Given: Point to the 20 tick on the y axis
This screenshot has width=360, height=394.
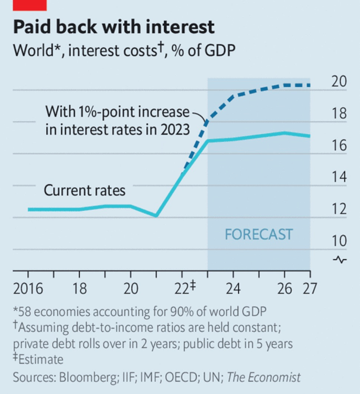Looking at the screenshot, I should (x=339, y=82).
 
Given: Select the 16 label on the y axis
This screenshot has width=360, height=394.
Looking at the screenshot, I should (x=339, y=146).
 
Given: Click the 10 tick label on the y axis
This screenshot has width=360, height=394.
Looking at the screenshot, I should (x=339, y=241).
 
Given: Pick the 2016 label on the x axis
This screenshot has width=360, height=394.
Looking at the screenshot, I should (x=28, y=288).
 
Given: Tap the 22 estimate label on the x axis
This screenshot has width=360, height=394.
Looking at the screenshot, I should (x=184, y=288).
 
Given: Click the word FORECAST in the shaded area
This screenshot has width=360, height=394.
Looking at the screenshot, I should (x=259, y=234).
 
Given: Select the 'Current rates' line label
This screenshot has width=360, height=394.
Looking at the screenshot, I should (x=84, y=190).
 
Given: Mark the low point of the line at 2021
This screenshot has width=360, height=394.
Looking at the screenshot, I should (x=156, y=216).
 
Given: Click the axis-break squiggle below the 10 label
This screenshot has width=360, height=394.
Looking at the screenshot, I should (x=340, y=260).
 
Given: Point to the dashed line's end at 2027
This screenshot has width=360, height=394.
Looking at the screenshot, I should (x=310, y=85).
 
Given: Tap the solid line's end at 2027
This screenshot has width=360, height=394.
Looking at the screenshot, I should (x=310, y=136).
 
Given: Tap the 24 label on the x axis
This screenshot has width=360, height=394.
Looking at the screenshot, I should (x=233, y=288).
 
